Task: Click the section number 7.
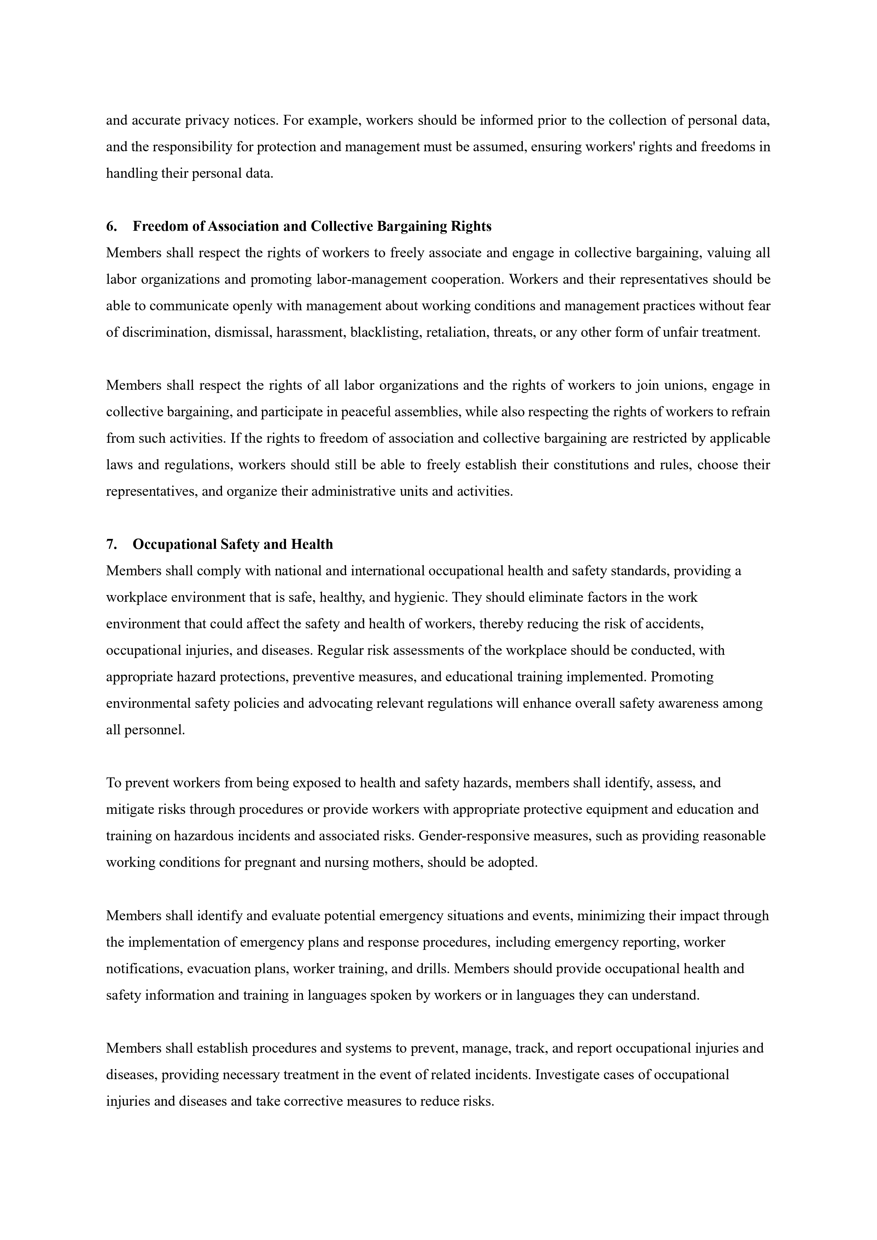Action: (111, 545)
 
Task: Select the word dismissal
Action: (243, 332)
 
